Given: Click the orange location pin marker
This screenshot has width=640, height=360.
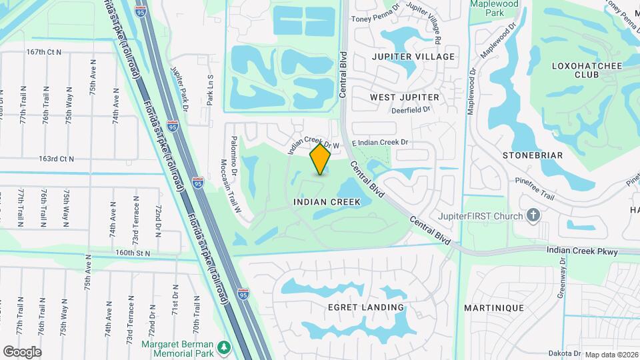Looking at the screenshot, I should point(321,159).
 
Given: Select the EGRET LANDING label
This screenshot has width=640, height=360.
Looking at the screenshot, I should point(366,307).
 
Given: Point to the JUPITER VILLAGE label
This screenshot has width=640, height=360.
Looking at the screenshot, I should point(413,57).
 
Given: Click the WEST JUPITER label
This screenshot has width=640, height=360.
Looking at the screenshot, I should point(405,97).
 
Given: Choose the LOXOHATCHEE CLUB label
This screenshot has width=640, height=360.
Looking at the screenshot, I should point(578,70).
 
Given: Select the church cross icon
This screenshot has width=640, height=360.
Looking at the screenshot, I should point(533,215).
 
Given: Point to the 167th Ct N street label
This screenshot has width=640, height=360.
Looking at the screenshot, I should point(44,51).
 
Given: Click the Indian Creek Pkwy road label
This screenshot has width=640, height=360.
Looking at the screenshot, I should point(582,251).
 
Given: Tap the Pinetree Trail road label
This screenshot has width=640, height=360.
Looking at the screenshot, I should point(535,188).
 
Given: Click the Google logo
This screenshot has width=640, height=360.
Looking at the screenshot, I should point(22,351).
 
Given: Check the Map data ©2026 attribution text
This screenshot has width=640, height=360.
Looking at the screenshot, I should point(611,355).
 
